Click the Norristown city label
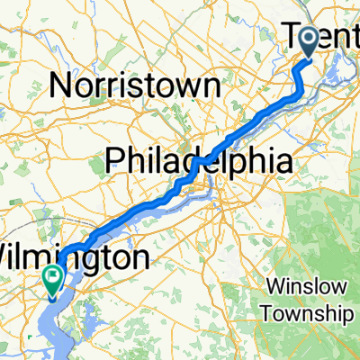click(135, 86)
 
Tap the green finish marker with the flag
click(54, 281)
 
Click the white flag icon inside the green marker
click(54, 276)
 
